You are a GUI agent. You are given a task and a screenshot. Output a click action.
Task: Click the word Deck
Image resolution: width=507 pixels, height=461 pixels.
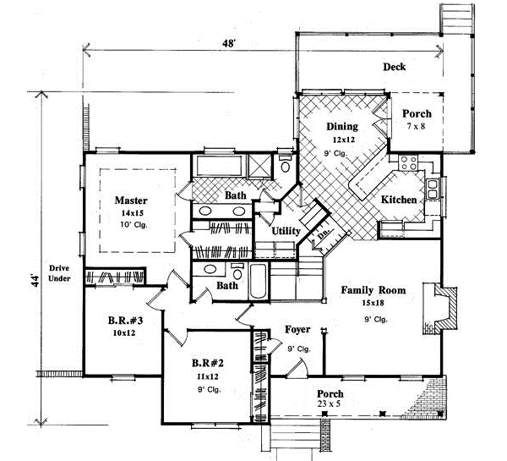395,67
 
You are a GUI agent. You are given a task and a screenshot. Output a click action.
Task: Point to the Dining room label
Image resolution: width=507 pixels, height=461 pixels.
343,127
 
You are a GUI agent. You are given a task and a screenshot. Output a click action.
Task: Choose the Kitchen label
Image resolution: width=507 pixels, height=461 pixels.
397,200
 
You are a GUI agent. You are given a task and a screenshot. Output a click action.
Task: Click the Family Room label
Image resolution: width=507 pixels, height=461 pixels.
373,290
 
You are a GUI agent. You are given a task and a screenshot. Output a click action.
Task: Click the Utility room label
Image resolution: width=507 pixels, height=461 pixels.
286,230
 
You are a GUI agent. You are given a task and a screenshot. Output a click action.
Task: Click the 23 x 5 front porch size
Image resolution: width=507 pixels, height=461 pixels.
329,406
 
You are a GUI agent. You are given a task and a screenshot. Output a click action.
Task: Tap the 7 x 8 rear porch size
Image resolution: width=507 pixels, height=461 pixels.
416,126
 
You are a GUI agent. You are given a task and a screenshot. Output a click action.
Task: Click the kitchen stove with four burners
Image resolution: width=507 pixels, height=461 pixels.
409,162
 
